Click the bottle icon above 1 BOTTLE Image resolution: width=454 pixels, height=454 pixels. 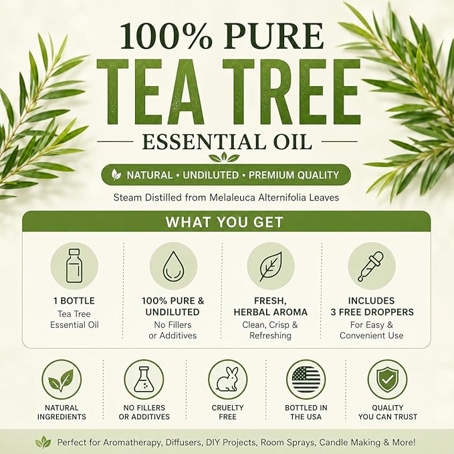(x=74, y=265)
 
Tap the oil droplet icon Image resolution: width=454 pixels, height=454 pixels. (x=173, y=266)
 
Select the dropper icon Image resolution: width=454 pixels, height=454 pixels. (x=370, y=266)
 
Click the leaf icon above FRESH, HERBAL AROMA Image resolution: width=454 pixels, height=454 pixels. (x=271, y=266)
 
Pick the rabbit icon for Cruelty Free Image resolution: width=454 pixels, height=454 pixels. (x=227, y=379)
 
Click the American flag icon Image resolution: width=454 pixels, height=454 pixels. (x=306, y=379)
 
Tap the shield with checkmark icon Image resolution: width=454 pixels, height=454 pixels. (x=387, y=379)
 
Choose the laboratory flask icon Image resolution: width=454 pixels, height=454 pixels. (x=144, y=379)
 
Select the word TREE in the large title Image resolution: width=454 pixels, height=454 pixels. (x=292, y=92)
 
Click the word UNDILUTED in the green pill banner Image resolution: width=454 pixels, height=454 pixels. (x=211, y=175)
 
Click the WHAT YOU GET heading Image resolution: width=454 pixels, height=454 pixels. (x=225, y=222)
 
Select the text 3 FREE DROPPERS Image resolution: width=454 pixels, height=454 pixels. (x=372, y=312)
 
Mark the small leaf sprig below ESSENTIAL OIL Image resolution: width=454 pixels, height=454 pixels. (x=225, y=157)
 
